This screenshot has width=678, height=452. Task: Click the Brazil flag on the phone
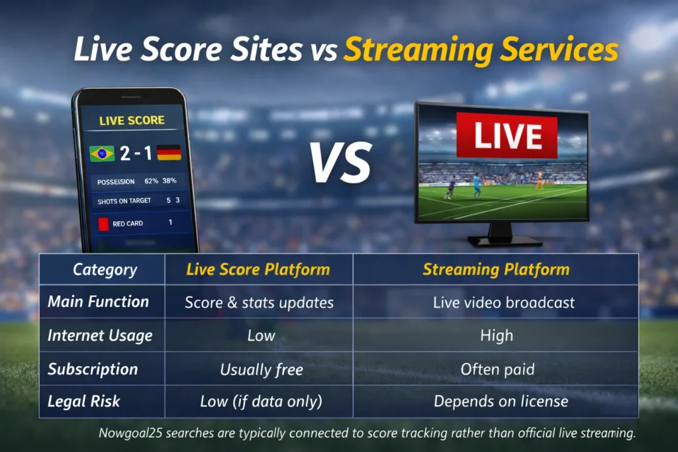pos(102,154)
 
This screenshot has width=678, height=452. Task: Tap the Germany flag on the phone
pos(169,152)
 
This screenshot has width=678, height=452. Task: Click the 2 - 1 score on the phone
pos(136,153)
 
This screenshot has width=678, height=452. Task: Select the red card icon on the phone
pos(103,224)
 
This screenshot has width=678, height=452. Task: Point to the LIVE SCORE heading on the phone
pos(132,120)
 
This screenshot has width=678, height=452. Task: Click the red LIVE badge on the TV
pos(507,136)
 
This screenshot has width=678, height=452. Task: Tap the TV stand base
pos(505,241)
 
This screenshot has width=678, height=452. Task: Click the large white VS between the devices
pos(341,163)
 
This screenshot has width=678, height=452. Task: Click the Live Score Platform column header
pos(258,269)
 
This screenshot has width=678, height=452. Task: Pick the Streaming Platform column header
pos(496,269)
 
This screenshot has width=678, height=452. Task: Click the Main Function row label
pos(98,302)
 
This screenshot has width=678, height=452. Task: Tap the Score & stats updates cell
pos(259,302)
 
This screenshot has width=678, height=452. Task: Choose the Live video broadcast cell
pos(504,302)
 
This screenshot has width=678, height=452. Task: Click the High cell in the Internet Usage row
pos(497,336)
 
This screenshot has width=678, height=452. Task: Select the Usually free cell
pos(262,369)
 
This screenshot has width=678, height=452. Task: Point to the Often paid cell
pos(497,369)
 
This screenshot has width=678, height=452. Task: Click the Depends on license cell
pos(501,401)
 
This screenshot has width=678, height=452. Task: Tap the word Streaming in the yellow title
pos(418,50)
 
